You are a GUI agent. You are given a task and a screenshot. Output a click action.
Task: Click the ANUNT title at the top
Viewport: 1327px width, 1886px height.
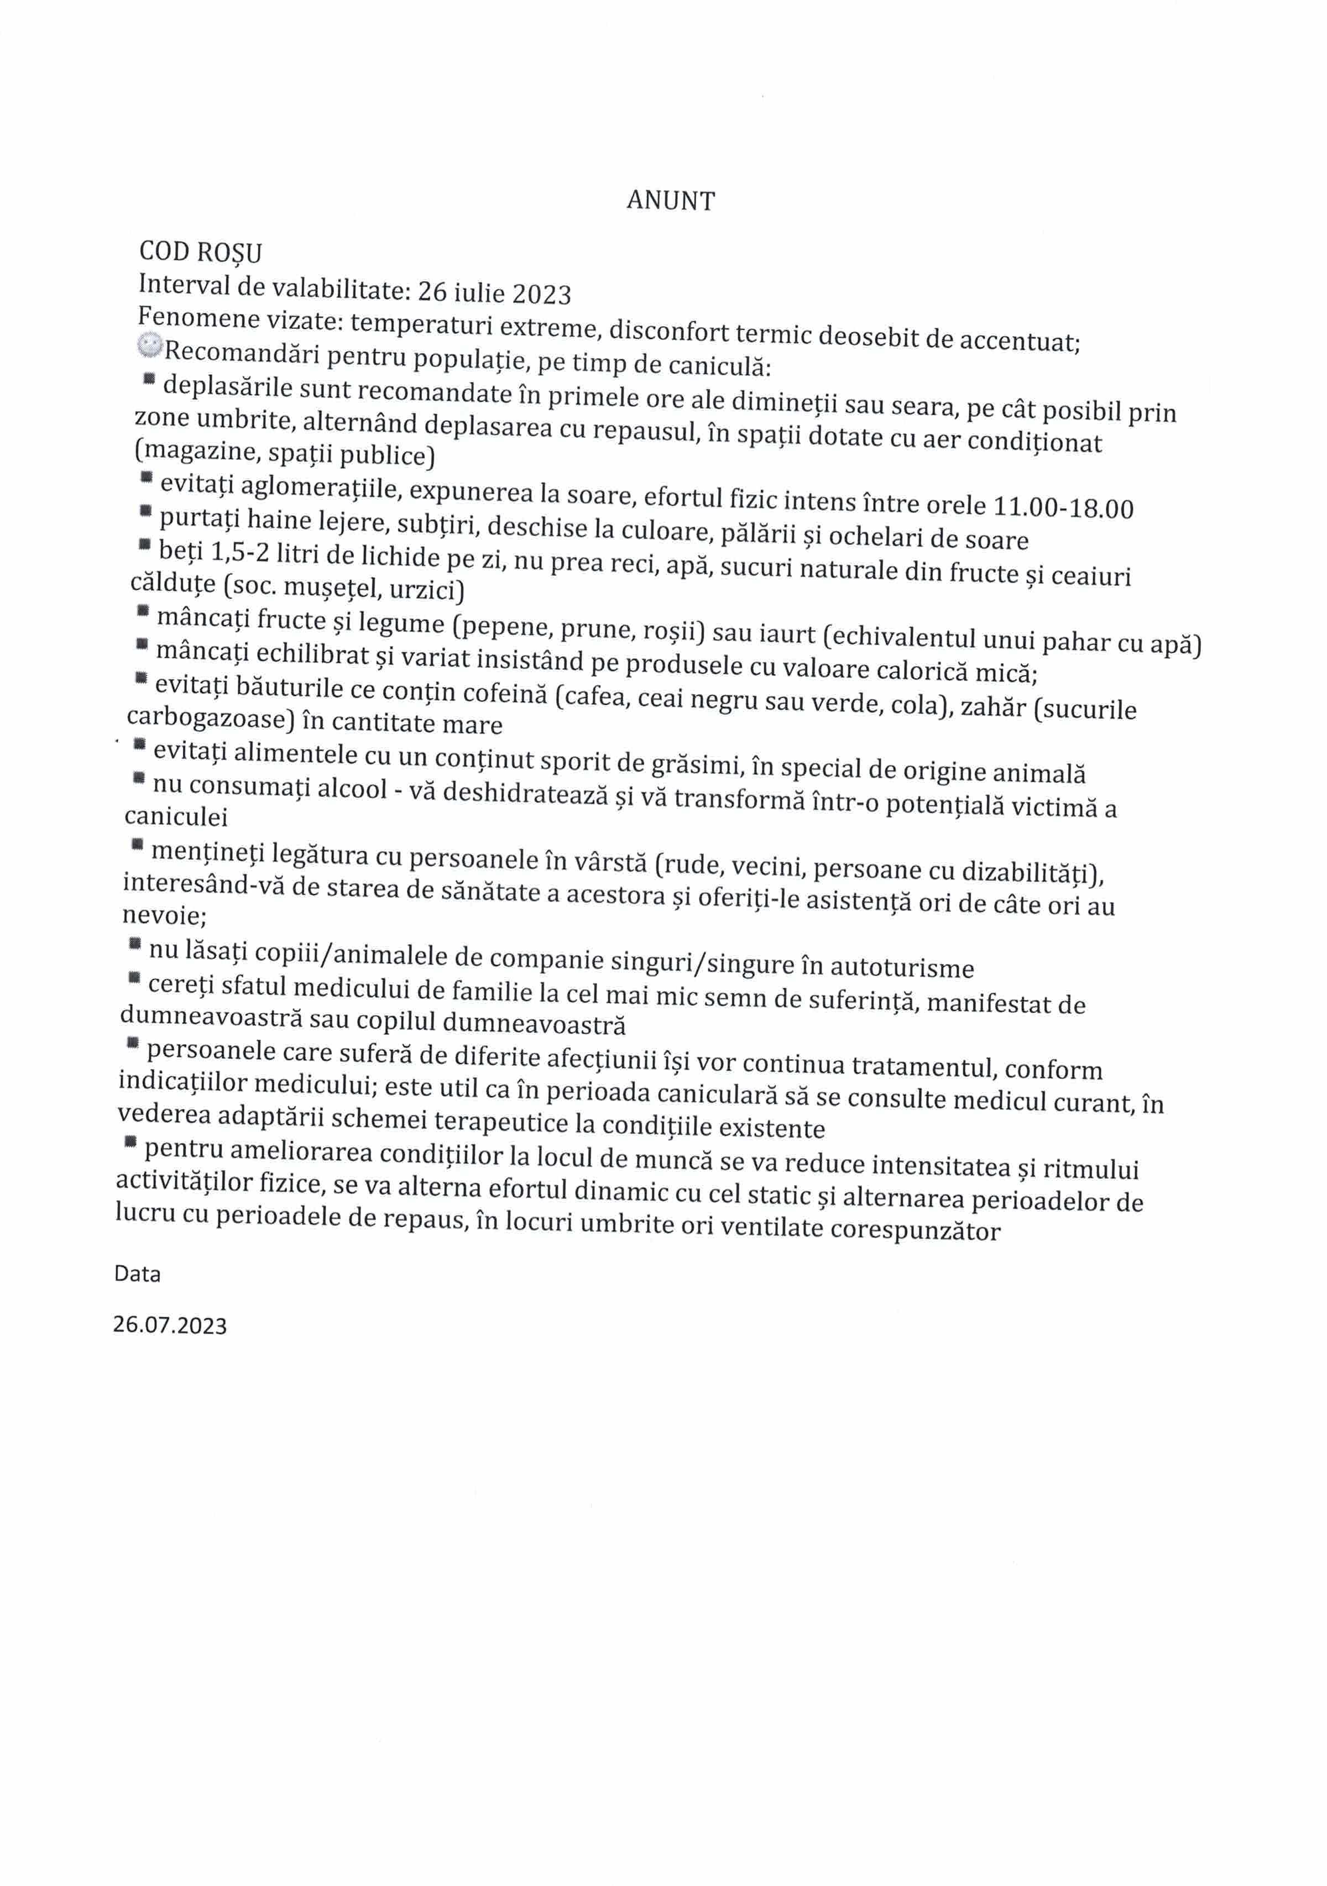point(671,201)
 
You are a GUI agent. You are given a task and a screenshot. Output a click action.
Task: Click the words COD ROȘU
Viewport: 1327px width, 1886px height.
point(201,252)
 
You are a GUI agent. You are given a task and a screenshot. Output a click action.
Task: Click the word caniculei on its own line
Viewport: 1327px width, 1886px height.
point(176,816)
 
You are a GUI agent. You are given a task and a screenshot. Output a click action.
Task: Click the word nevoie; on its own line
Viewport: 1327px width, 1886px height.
point(164,915)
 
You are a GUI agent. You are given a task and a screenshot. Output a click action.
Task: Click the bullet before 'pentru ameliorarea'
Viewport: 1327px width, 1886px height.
point(130,1142)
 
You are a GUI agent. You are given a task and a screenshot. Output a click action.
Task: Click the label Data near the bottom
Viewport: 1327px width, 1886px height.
point(137,1274)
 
